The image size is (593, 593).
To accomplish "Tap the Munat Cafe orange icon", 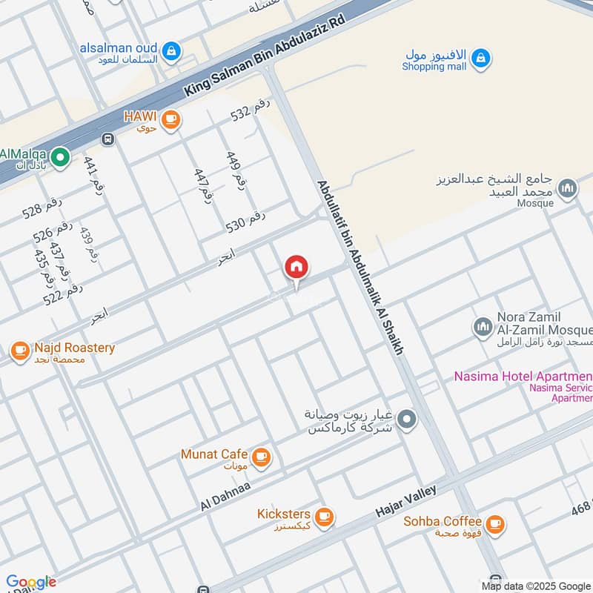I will pos(260,457).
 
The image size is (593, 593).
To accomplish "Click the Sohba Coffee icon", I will pos(495,524).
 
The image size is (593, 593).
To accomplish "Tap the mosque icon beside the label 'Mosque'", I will pos(568,189).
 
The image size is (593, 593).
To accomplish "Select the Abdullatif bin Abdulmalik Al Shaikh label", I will pos(360,268).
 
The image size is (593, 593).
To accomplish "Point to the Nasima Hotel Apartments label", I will pos(523,377).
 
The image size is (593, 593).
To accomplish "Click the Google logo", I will pos(30,582).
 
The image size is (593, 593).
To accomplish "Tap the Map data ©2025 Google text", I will pos(535,586).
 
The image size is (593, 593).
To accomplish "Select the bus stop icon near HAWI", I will pos(109,139).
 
